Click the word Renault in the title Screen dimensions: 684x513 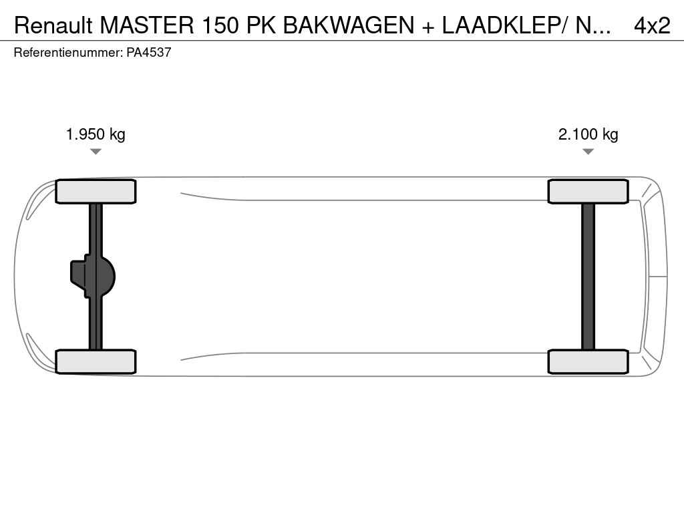point(53,25)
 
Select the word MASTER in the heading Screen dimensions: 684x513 point(147,25)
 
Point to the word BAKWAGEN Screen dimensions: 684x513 point(349,25)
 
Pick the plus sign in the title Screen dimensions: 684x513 point(428,27)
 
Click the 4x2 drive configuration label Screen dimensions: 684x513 point(652,25)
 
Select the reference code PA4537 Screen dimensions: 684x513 point(149,52)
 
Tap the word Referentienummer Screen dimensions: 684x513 point(68,52)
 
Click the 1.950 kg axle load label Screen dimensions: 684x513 point(96,134)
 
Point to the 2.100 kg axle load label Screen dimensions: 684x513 point(588,134)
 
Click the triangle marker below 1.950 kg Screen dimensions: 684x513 point(96,152)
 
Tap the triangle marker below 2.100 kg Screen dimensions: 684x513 point(588,152)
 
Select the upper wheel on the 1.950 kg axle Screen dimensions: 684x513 point(96,192)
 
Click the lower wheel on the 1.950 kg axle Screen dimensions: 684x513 point(96,361)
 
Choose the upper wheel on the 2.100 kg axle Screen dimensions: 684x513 point(588,192)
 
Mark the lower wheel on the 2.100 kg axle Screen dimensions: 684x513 point(588,361)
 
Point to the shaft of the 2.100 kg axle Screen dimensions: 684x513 point(588,277)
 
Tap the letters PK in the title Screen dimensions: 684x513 point(261,25)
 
